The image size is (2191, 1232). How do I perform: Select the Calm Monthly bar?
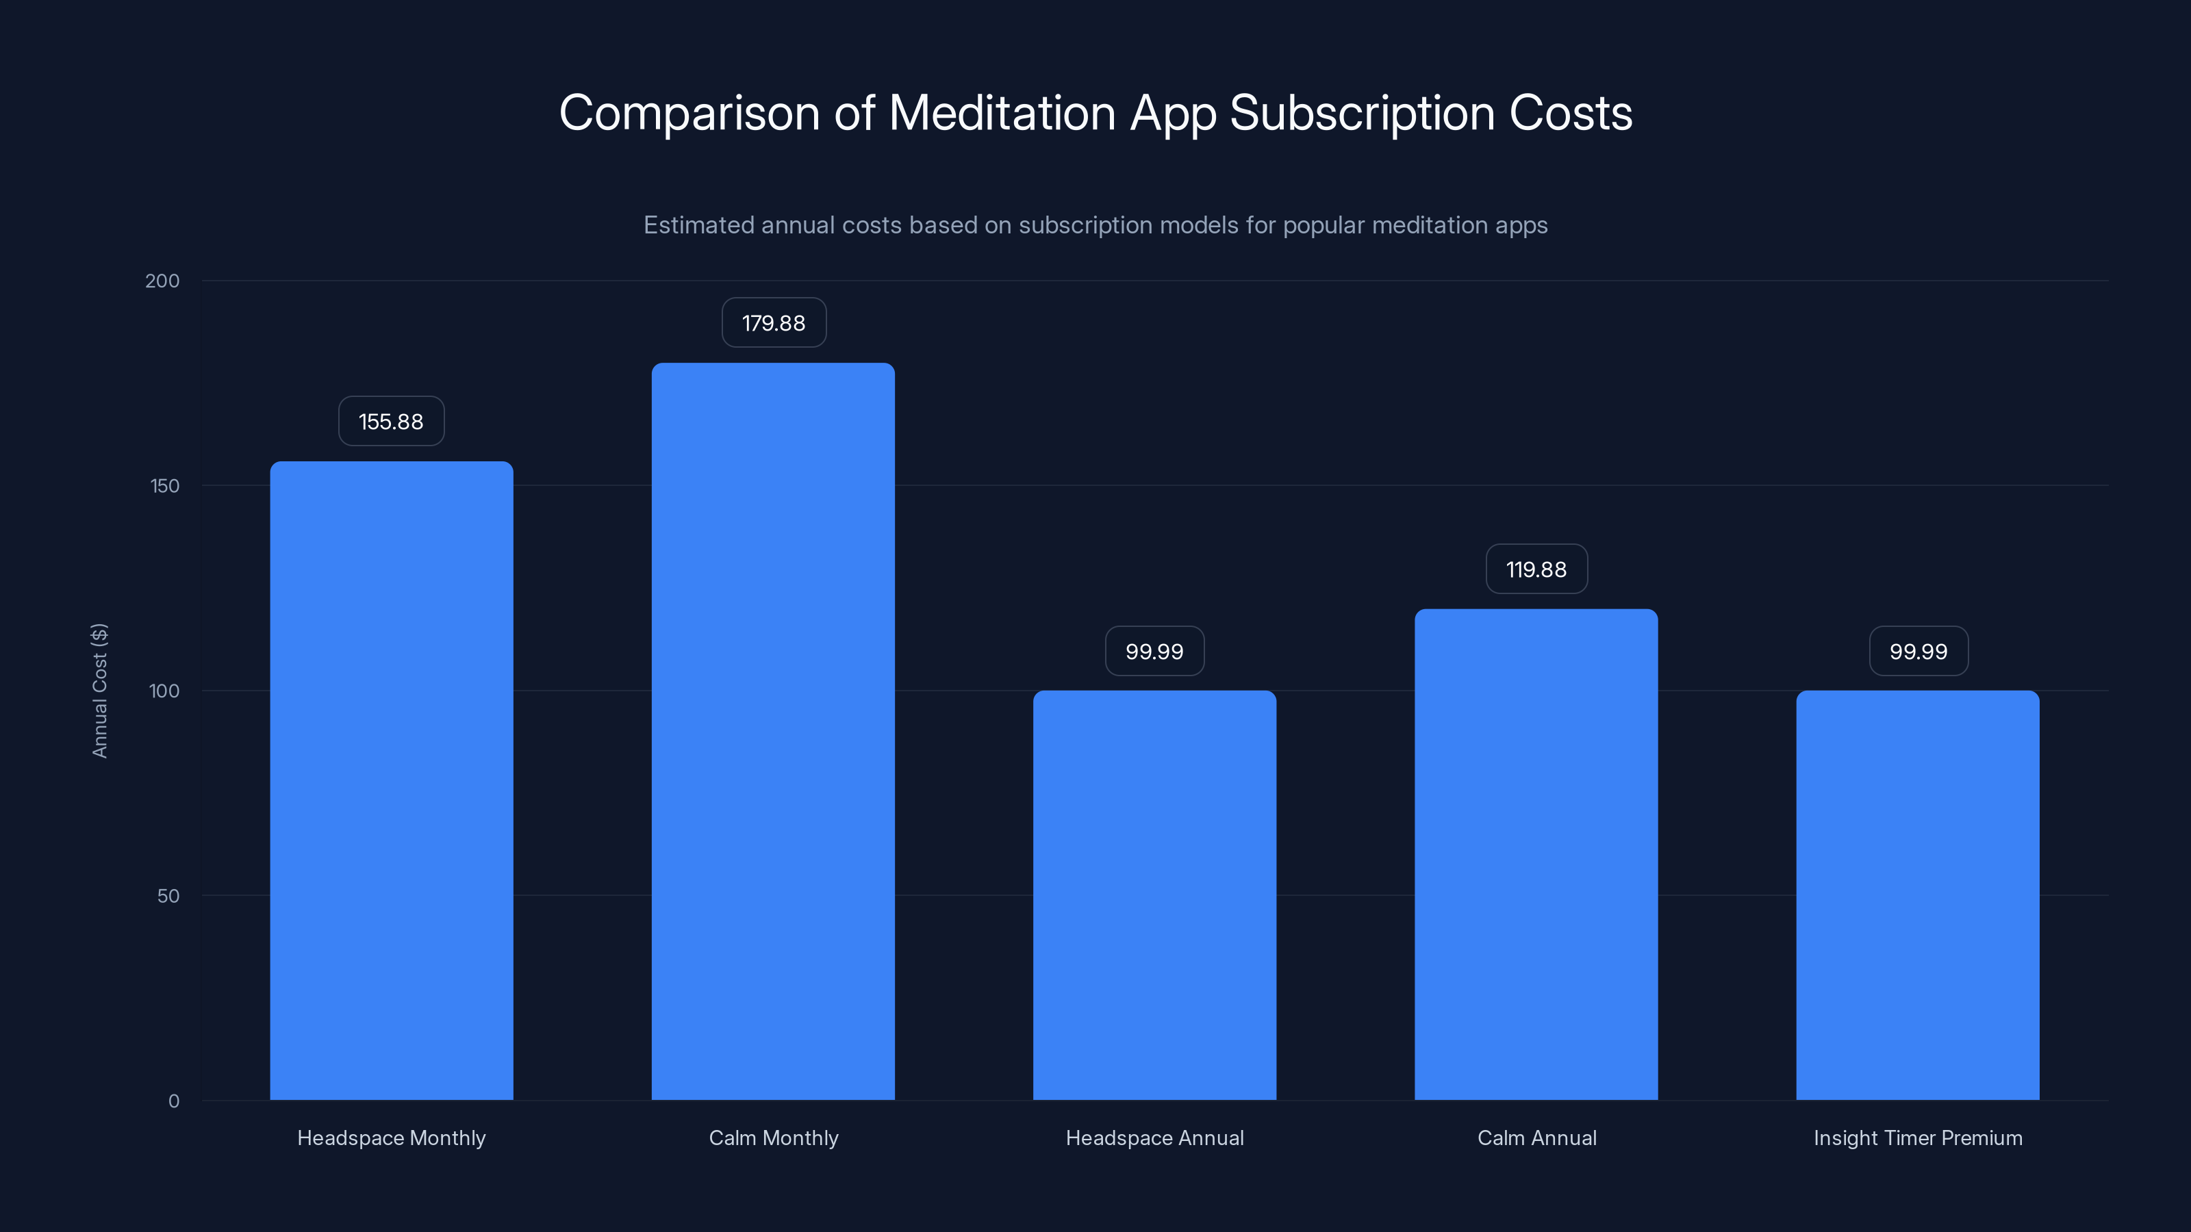772,731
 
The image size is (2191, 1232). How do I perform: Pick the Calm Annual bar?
1536,854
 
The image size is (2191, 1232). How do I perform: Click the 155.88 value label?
391,421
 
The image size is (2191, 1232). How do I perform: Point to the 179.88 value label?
773,322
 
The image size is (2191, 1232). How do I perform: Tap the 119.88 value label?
1536,569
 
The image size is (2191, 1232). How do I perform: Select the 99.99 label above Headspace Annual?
1154,652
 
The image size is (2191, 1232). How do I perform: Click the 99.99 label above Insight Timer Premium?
1918,652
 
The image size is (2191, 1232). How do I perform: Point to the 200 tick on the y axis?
162,281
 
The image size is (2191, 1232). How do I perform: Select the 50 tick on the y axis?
168,895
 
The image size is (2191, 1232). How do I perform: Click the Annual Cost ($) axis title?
99,691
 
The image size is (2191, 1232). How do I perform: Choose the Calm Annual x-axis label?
1536,1138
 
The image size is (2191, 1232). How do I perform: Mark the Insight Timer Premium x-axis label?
1917,1138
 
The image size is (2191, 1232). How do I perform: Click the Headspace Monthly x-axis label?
391,1138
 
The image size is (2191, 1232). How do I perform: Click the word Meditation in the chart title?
1001,112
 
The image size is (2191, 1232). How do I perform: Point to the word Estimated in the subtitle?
698,225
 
